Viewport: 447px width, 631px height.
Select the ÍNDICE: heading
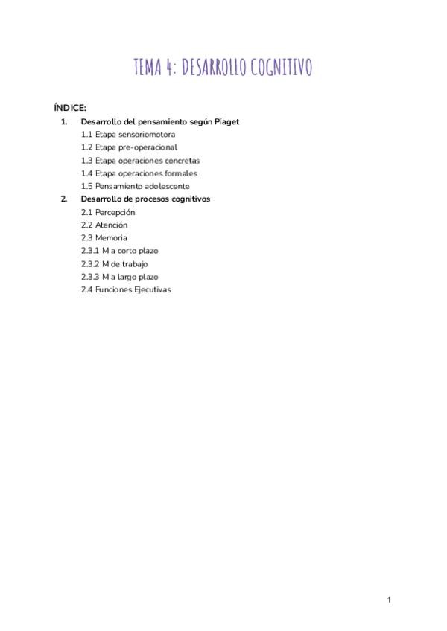tap(70, 108)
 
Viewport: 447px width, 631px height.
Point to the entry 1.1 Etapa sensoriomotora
tap(128, 135)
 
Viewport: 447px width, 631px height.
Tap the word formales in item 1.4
tap(182, 173)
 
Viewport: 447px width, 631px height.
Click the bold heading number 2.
tap(63, 199)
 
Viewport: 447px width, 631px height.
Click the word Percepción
tap(115, 212)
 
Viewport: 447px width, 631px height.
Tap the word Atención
tap(111, 225)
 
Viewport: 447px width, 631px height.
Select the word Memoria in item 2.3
tap(111, 238)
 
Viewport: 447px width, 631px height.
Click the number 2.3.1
tap(90, 251)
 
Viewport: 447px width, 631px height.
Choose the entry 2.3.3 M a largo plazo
tap(119, 277)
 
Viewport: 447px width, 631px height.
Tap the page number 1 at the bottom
tap(389, 600)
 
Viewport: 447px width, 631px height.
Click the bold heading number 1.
tap(63, 121)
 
